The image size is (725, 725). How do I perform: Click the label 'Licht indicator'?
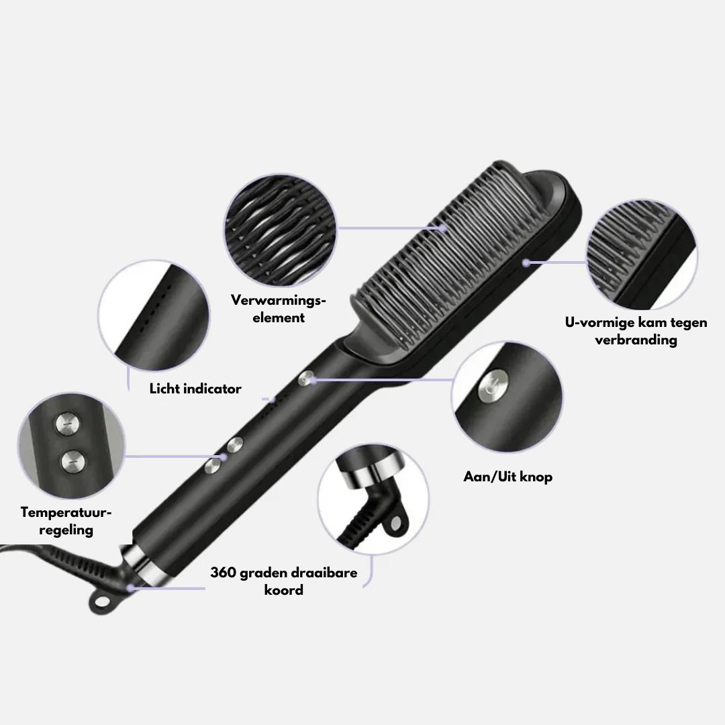point(195,389)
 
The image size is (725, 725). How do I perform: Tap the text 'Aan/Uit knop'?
point(507,476)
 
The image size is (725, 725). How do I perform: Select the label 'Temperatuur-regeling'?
point(66,521)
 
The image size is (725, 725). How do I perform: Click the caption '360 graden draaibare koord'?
point(283,581)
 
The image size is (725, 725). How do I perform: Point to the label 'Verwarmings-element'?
point(279,308)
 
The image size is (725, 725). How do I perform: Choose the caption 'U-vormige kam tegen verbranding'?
point(636,330)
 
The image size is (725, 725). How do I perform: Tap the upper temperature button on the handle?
point(235,445)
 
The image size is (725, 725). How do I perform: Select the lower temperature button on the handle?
point(213,466)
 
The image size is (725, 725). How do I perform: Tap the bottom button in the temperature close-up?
point(74,461)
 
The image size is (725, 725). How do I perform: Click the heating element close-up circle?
point(281,230)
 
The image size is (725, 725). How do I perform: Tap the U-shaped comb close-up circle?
point(642,255)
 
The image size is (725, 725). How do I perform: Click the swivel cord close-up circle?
point(374,498)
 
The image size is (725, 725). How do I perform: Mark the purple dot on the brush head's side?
point(526,262)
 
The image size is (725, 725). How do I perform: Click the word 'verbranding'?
point(636,340)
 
